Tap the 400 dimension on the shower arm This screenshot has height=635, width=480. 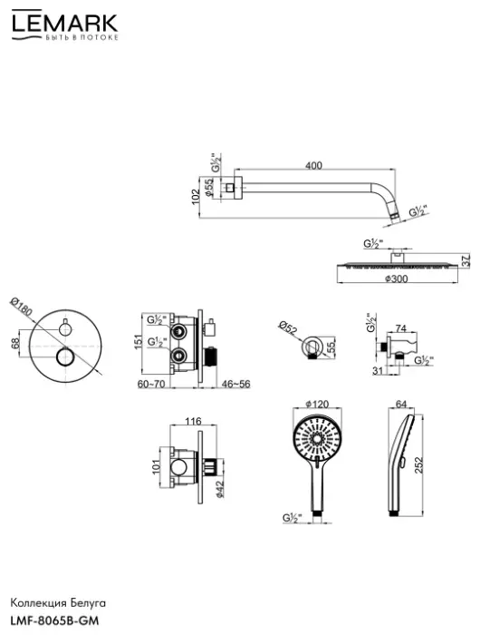coord(313,165)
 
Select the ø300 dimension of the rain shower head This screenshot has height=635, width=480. coord(397,278)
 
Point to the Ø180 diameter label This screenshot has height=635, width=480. coord(21,308)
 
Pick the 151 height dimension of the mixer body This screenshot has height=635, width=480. coord(139,341)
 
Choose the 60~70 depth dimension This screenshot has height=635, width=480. coord(151,384)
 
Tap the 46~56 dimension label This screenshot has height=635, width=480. coord(236,384)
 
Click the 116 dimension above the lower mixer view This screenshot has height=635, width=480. coord(193,421)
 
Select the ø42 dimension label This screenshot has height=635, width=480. coord(220,488)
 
